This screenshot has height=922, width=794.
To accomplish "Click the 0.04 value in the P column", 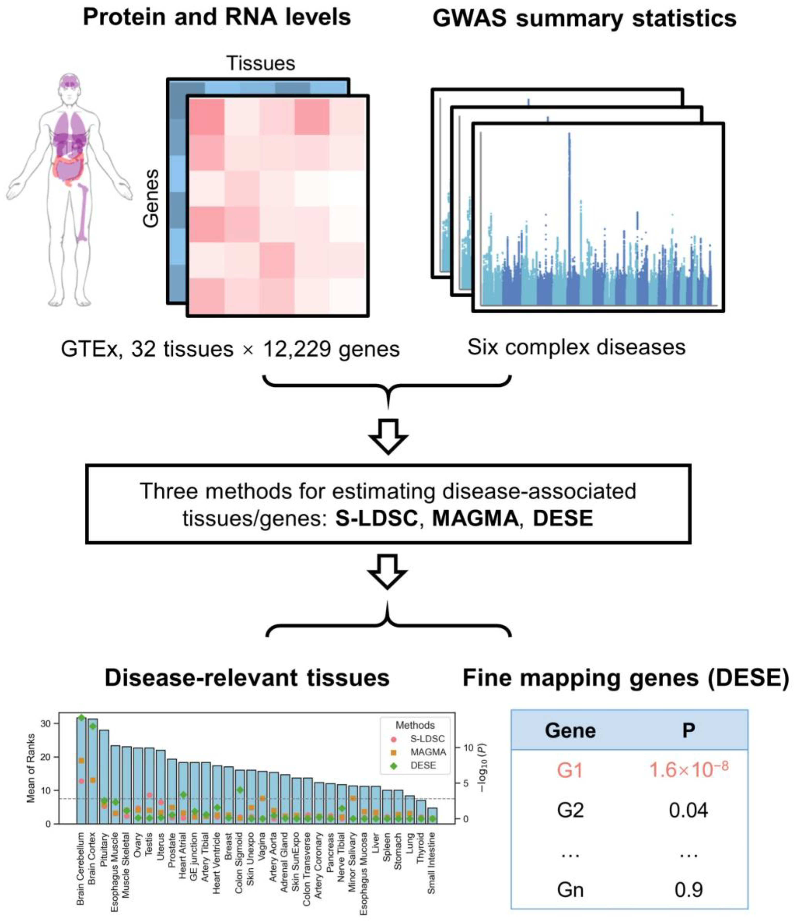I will tap(688, 810).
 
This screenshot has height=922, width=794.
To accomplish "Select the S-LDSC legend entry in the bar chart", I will tap(427, 739).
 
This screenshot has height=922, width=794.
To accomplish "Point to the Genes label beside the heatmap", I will tap(151, 199).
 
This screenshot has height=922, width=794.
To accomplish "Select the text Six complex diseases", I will tap(576, 347).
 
